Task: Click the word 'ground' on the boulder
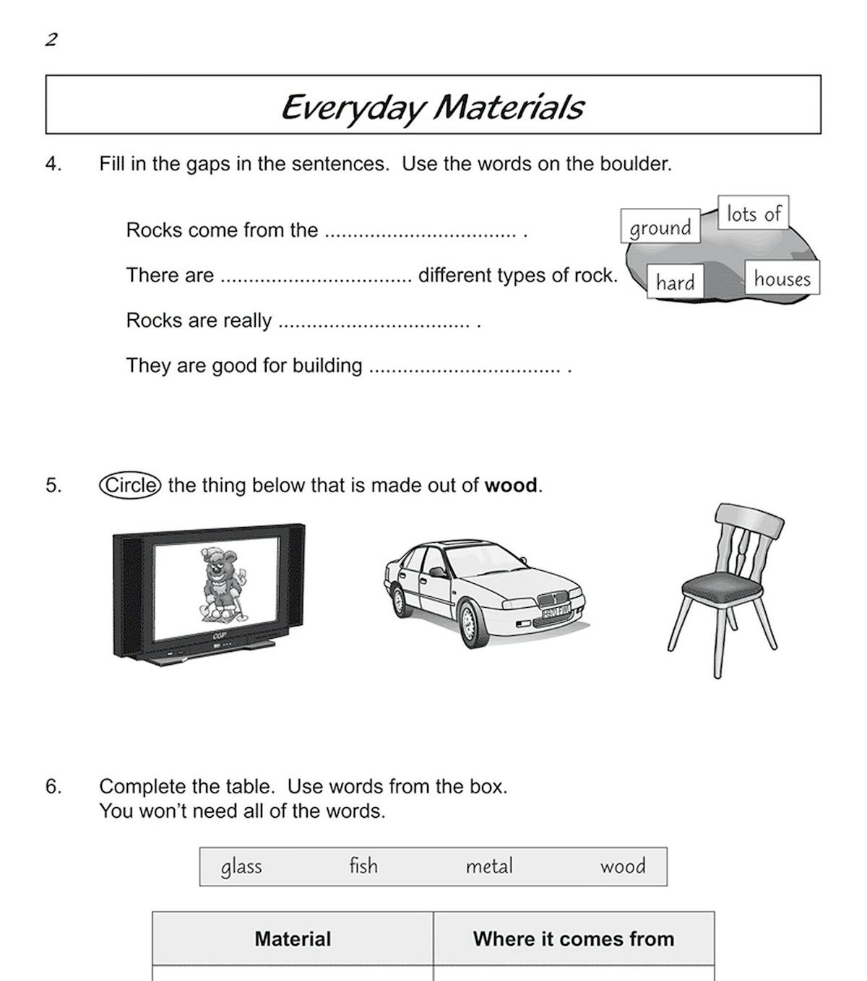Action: point(660,228)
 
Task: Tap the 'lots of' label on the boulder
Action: point(753,214)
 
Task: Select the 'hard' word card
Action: point(675,282)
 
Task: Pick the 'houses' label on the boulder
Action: point(782,279)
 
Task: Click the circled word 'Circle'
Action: point(130,485)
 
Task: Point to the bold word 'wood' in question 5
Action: point(511,486)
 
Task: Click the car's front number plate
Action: point(556,613)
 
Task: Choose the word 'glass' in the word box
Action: point(241,866)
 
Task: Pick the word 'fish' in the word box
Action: point(363,866)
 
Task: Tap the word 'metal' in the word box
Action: point(489,866)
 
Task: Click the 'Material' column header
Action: point(293,938)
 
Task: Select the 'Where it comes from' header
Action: point(574,938)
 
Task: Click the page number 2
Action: point(51,40)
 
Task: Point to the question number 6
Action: point(53,786)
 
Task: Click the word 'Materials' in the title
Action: point(509,107)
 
